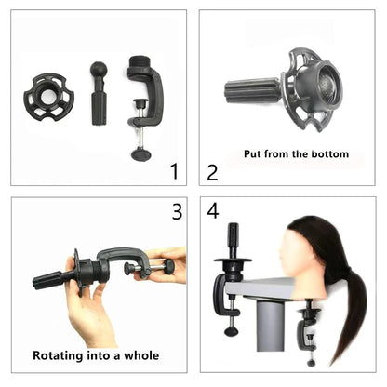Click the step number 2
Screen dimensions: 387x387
coord(212,172)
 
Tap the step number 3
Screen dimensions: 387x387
coord(177,211)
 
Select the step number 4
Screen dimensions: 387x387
coord(212,211)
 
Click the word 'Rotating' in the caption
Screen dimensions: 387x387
coord(61,354)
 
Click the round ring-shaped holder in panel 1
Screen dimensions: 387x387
coord(47,93)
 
